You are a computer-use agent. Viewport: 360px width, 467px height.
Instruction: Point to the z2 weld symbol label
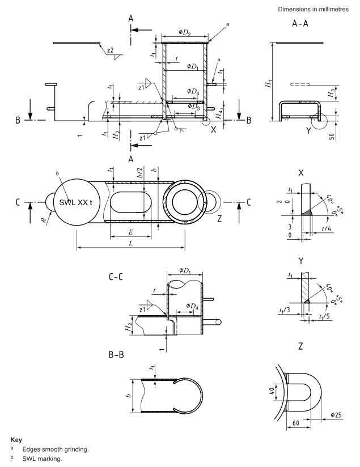pyautogui.click(x=111, y=51)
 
